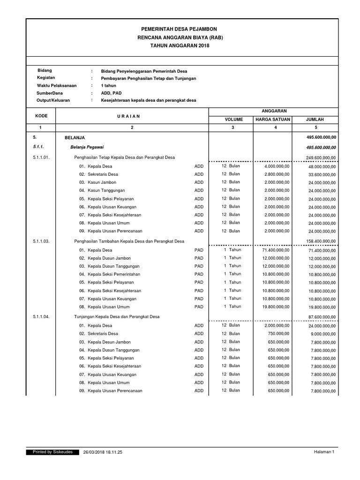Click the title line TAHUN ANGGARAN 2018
pyautogui.click(x=180, y=45)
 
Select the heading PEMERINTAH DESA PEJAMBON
pyautogui.click(x=180, y=29)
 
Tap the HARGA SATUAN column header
pyautogui.click(x=272, y=120)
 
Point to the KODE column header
pyautogui.click(x=41, y=115)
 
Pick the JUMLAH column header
pyautogui.click(x=315, y=120)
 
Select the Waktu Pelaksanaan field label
pyautogui.click(x=57, y=86)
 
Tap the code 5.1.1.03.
pyautogui.click(x=45, y=241)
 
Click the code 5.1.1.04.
pyautogui.click(x=45, y=316)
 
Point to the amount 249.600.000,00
pyautogui.click(x=321, y=157)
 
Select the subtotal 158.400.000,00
pyautogui.click(x=321, y=241)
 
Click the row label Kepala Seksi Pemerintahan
pyautogui.click(x=110, y=274)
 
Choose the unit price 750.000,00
pyautogui.click(x=280, y=333)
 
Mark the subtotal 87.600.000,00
pyautogui.click(x=322, y=317)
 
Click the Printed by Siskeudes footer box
pyautogui.click(x=52, y=452)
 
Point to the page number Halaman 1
pyautogui.click(x=324, y=452)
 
